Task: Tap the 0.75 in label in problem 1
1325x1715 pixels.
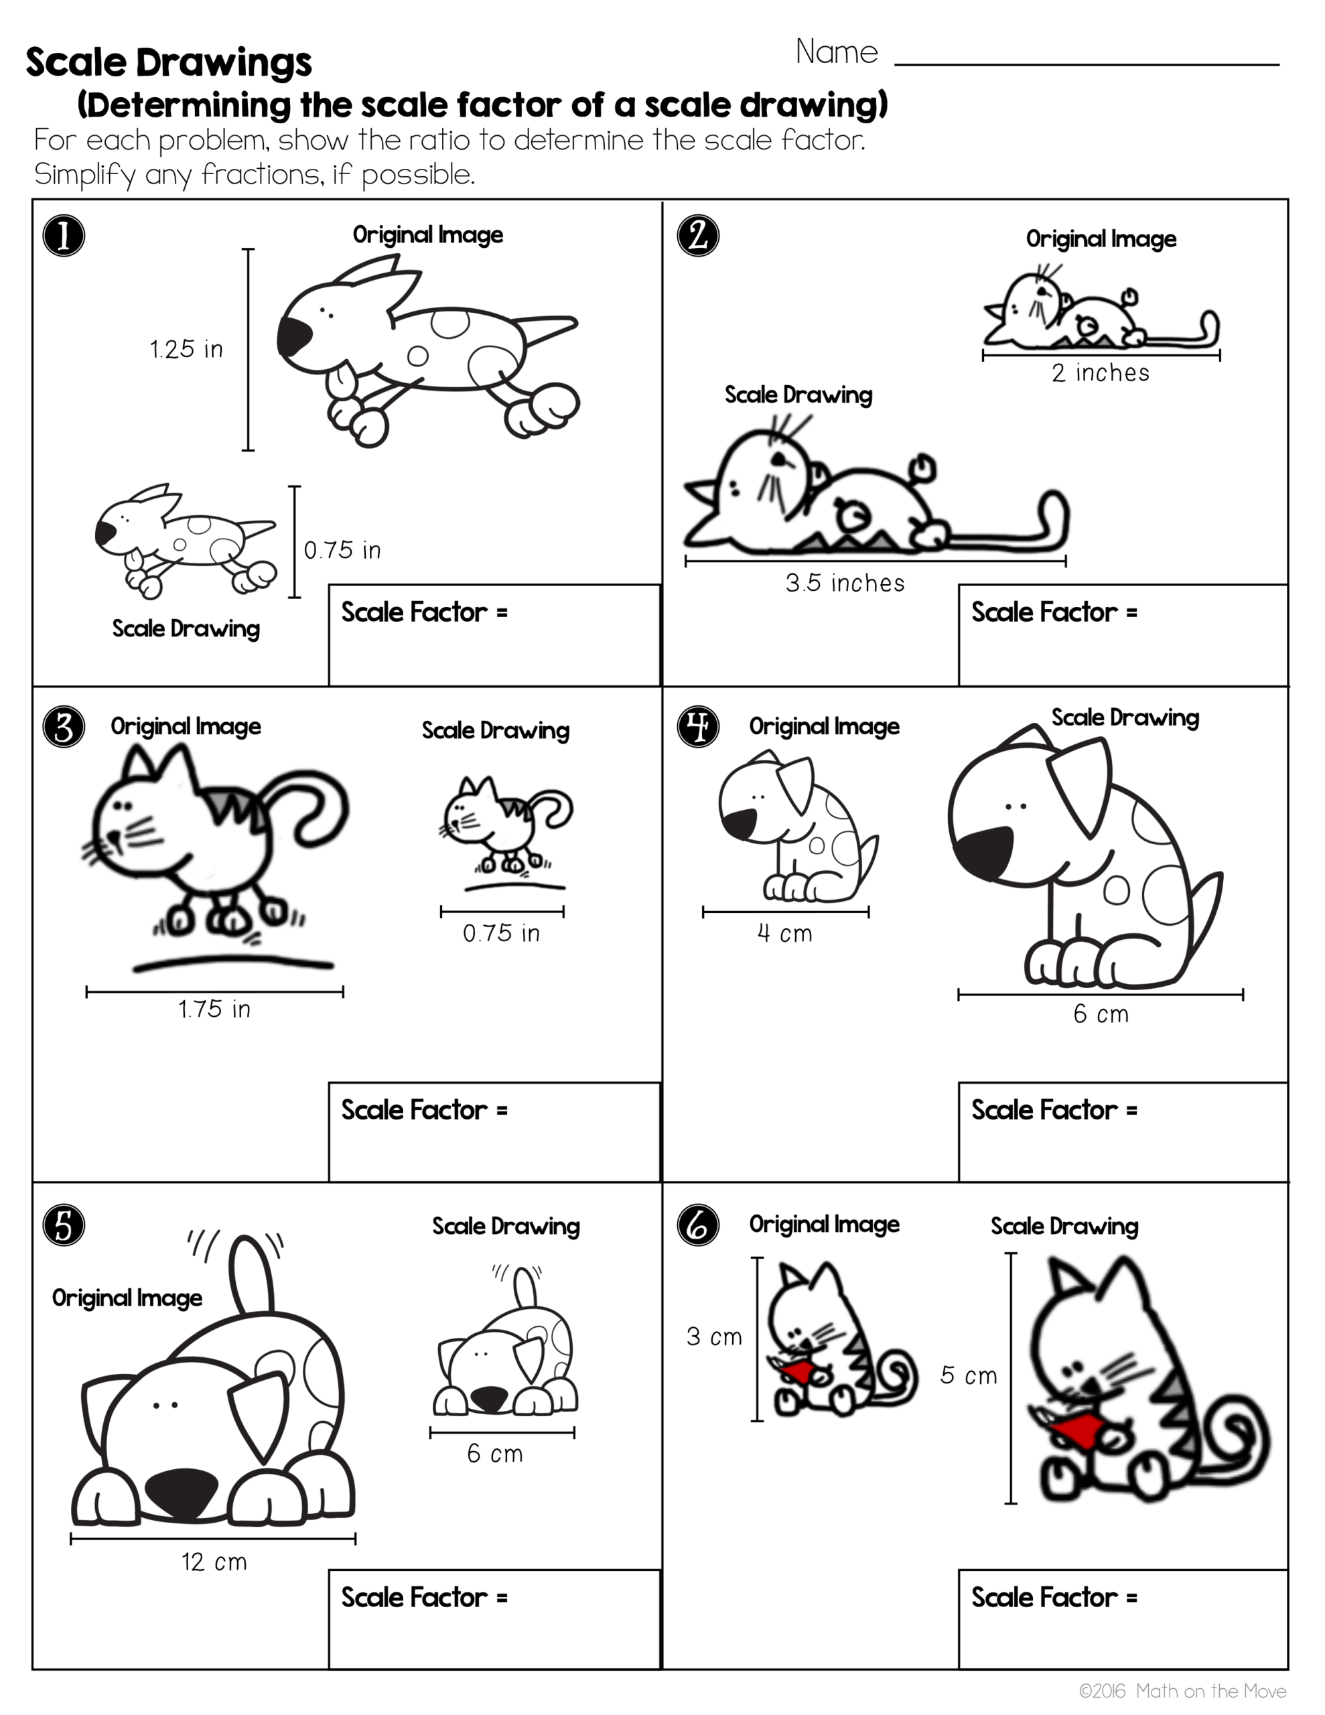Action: pyautogui.click(x=342, y=550)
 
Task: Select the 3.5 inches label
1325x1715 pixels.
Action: pyautogui.click(x=845, y=583)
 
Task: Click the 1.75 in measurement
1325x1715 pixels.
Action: pyautogui.click(x=214, y=1008)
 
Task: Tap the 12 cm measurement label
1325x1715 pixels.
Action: pyautogui.click(x=214, y=1561)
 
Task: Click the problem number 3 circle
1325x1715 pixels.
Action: pyautogui.click(x=64, y=726)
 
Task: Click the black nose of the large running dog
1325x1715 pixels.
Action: pyautogui.click(x=294, y=336)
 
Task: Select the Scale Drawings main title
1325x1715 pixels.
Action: pyautogui.click(x=169, y=62)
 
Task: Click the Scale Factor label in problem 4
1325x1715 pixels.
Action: pyautogui.click(x=1053, y=1109)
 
